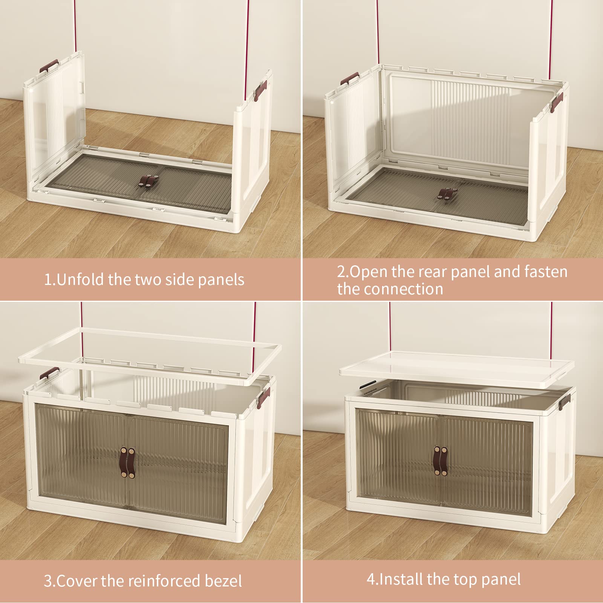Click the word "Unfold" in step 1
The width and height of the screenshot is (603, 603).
tap(81, 280)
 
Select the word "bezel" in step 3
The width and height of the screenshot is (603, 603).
tap(223, 581)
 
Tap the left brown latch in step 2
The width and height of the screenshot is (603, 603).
tap(349, 78)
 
